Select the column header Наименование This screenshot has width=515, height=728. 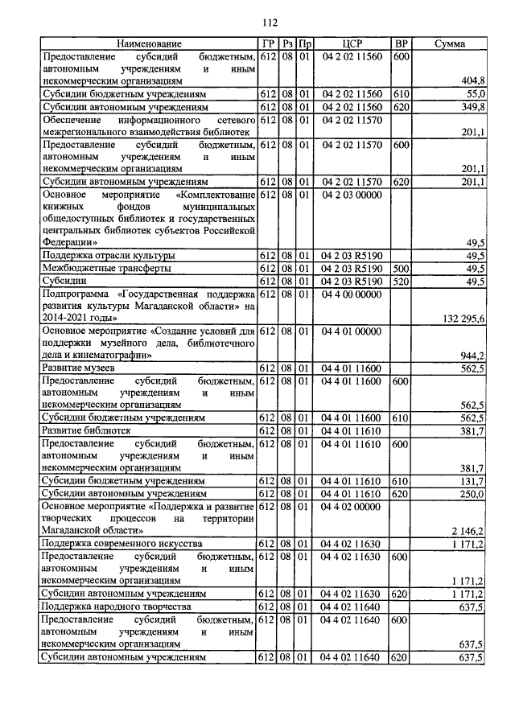click(x=149, y=43)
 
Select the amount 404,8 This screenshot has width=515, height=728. click(x=471, y=80)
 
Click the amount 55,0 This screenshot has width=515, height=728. click(x=474, y=94)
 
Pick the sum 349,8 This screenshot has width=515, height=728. click(x=471, y=106)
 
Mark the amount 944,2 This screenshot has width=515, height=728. click(x=471, y=356)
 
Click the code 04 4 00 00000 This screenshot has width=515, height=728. click(x=353, y=294)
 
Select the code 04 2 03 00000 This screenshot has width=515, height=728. click(x=353, y=195)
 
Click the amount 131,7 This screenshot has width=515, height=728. click(x=471, y=480)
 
